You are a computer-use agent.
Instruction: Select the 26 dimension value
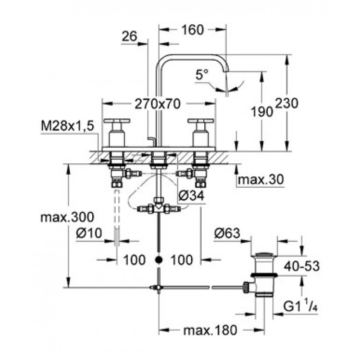[x=129, y=37]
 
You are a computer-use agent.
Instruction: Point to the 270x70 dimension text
[x=158, y=104]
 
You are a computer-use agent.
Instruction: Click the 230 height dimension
[x=287, y=103]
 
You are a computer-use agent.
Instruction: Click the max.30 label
[x=261, y=180]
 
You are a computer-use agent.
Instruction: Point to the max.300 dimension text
[x=67, y=217]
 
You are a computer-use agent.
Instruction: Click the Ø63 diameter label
[x=227, y=233]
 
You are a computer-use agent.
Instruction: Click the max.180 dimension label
[x=210, y=331]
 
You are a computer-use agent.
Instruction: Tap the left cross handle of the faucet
[x=117, y=121]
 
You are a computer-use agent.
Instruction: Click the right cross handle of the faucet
[x=200, y=121]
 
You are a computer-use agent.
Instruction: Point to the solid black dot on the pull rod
[x=158, y=260]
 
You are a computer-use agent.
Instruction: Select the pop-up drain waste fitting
[x=263, y=274]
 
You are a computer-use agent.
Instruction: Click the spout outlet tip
[x=227, y=70]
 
